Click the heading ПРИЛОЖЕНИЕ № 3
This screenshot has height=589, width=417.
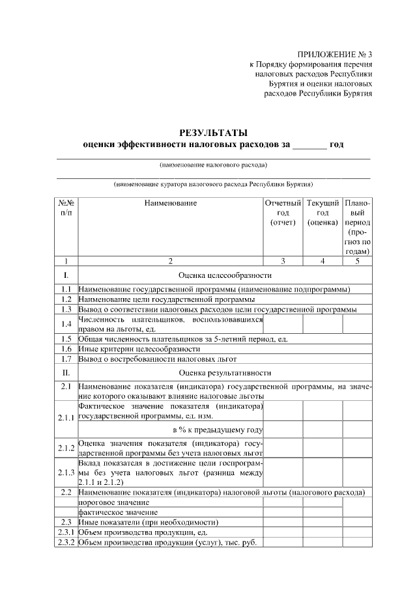click(335, 54)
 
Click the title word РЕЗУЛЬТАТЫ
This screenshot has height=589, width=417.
click(213, 132)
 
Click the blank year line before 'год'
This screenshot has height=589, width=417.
click(309, 144)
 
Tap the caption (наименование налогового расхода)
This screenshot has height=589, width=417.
click(213, 165)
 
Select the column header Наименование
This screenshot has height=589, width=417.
click(171, 203)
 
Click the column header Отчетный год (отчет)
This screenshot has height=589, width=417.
click(283, 213)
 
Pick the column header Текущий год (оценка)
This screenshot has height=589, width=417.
click(323, 213)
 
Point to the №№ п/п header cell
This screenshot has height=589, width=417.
click(66, 208)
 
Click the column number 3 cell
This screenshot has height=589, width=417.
click(283, 262)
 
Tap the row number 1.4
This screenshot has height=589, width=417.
click(66, 324)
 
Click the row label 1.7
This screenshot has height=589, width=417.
click(66, 359)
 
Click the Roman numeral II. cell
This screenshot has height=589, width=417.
click(66, 373)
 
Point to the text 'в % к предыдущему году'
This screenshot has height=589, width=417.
click(218, 430)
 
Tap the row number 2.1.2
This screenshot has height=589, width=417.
click(66, 448)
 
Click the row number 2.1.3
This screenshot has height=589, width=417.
click(66, 473)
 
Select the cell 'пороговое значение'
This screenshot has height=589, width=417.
click(114, 502)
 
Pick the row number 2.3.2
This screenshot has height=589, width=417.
click(66, 543)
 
